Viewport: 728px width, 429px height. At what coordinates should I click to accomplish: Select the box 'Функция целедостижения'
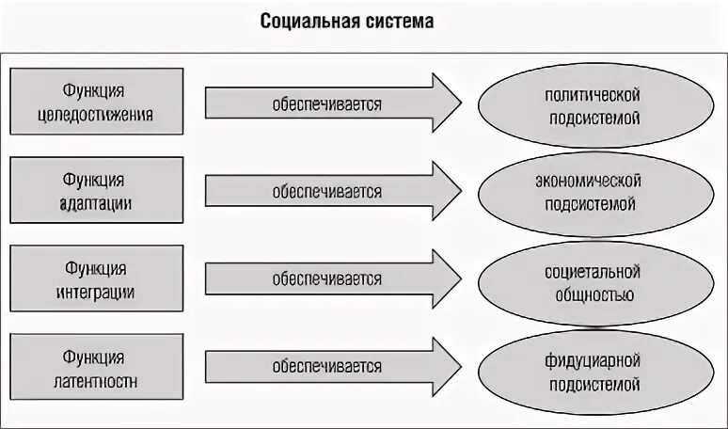coord(95,104)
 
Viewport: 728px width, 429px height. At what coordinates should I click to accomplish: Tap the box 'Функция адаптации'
coord(95,191)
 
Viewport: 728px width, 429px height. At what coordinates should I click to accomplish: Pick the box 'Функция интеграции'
coord(95,278)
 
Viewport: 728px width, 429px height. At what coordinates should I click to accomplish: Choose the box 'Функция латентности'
coord(95,366)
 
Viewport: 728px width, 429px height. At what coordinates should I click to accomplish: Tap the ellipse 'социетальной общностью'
coord(592,282)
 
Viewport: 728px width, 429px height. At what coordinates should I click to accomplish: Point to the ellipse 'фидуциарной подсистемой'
coord(592,370)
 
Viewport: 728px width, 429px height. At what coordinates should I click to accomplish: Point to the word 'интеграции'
coord(95,292)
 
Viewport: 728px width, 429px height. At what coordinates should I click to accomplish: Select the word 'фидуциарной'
coord(593,360)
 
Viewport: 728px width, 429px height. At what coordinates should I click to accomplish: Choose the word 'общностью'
coord(593,295)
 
